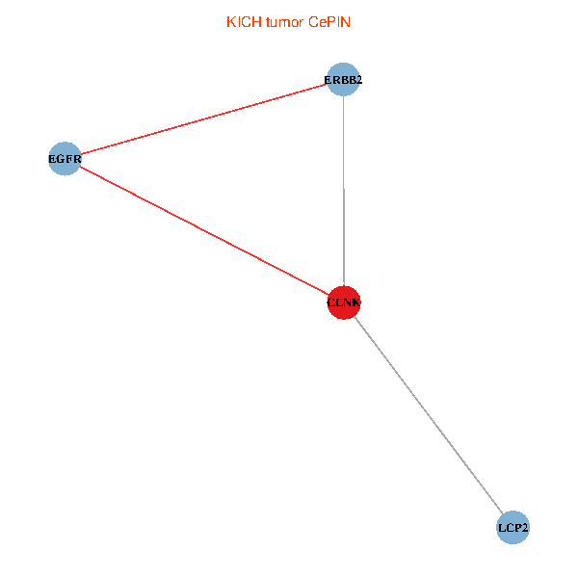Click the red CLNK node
[344, 302]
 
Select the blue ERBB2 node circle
[344, 79]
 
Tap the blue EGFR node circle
[65, 158]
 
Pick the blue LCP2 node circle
[513, 528]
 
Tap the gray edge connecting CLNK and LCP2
[429, 415]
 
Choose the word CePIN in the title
[330, 22]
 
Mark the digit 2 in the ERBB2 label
[358, 80]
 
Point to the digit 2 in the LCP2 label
[525, 529]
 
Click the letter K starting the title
[230, 22]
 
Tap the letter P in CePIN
[332, 22]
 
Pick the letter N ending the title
[347, 22]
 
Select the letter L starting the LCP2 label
[502, 529]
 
